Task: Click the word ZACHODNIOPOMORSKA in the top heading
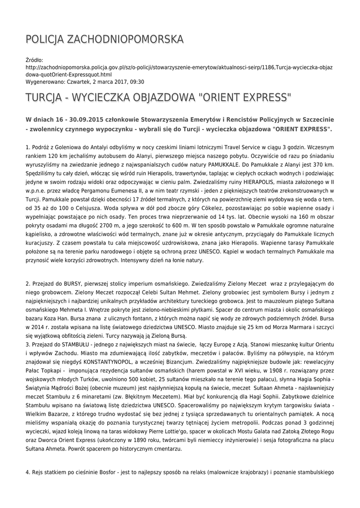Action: click(x=125, y=39)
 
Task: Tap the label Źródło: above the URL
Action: click(x=34, y=60)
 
